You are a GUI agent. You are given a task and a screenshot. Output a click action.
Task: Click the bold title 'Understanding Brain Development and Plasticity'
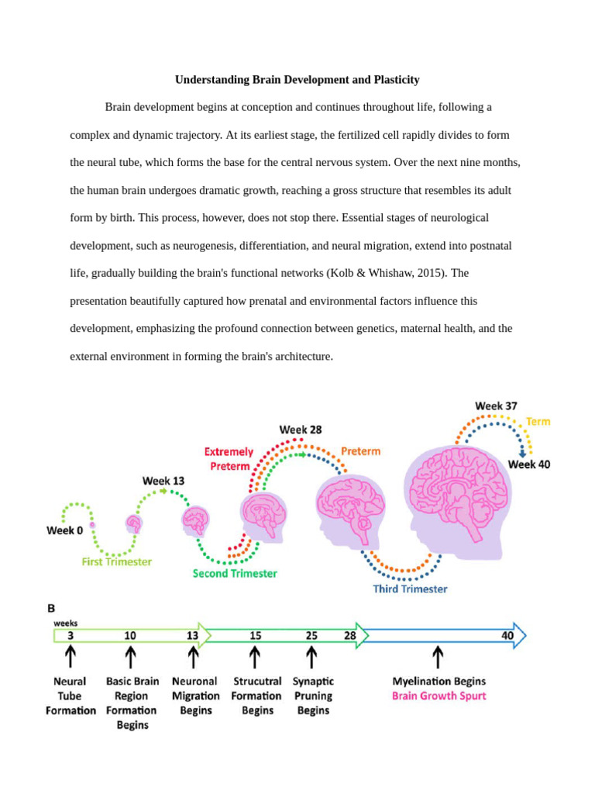click(x=297, y=80)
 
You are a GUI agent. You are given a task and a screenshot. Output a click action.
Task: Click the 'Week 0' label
click(x=66, y=530)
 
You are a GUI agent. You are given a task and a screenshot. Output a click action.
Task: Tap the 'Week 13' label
click(x=163, y=481)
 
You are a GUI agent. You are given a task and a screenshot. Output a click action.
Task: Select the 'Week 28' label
click(x=301, y=430)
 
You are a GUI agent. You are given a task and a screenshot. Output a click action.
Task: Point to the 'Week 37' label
click(x=496, y=406)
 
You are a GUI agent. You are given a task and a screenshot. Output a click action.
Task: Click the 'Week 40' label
click(x=529, y=464)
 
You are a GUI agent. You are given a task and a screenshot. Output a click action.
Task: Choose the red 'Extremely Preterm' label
click(x=229, y=458)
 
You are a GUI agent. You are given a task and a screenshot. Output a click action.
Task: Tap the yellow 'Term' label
click(x=538, y=422)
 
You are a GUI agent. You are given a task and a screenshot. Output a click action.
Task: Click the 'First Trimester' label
click(x=117, y=561)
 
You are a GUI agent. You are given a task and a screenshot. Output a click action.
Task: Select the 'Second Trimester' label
click(x=235, y=573)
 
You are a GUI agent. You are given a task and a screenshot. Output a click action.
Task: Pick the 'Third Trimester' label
click(x=410, y=589)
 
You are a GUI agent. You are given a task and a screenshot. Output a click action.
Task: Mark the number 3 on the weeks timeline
click(x=71, y=635)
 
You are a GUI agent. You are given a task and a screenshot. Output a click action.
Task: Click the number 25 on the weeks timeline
click(x=311, y=635)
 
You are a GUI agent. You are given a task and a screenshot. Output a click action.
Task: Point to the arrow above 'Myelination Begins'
click(x=439, y=658)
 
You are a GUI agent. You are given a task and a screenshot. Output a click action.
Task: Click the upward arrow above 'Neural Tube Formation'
click(x=71, y=658)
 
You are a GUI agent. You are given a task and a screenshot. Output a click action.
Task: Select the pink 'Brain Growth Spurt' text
click(x=439, y=696)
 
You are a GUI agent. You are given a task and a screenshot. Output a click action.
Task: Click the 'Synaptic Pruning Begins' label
click(x=313, y=696)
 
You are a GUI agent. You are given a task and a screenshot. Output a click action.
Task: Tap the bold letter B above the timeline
click(x=52, y=609)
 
